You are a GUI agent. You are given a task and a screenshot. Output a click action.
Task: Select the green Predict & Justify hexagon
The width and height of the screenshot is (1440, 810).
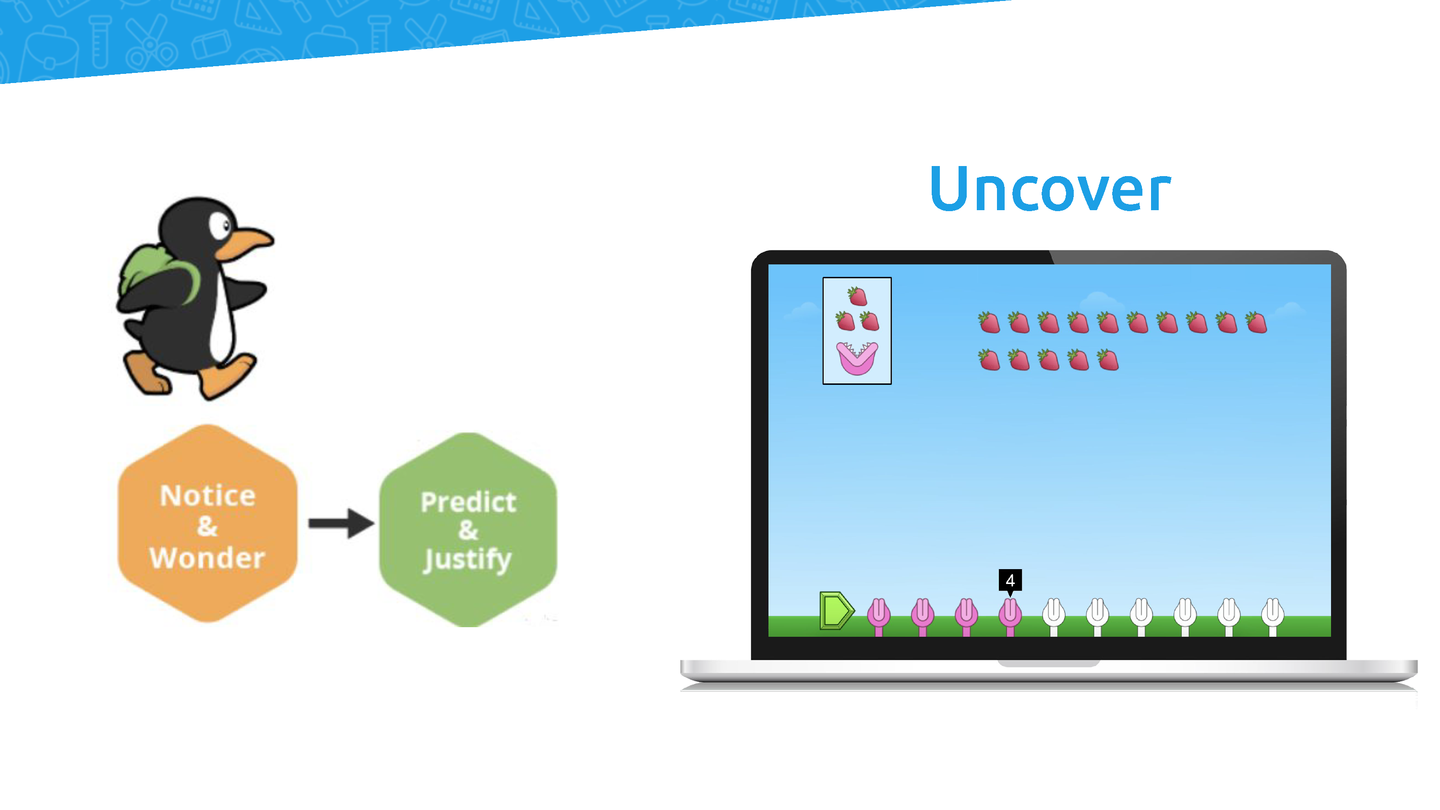(x=468, y=529)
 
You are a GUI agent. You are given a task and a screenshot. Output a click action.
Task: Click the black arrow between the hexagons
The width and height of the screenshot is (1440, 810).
(x=341, y=523)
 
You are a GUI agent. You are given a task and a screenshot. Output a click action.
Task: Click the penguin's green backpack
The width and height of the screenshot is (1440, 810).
(x=156, y=274)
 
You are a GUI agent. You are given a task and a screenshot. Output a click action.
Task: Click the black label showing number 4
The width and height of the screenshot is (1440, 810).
(x=1010, y=580)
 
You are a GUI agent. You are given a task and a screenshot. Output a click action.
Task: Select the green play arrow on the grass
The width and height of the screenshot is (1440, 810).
(x=836, y=610)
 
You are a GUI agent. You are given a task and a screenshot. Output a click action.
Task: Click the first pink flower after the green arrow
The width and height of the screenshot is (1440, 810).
(x=878, y=616)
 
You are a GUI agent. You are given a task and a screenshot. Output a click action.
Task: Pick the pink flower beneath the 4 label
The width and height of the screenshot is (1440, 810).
(x=1010, y=616)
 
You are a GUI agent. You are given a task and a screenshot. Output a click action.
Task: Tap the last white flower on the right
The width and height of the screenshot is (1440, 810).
(x=1272, y=616)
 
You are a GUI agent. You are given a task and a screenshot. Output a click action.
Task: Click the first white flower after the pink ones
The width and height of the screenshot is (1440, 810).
(x=1054, y=616)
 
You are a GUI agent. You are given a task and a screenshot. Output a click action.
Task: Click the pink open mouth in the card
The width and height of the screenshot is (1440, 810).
(x=857, y=358)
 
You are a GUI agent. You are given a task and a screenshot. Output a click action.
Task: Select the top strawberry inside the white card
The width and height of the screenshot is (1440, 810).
(x=857, y=296)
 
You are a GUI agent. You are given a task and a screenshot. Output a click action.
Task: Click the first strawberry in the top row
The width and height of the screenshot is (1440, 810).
(x=989, y=322)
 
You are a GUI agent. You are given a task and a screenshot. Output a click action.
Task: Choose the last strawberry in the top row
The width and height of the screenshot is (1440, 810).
(x=1256, y=322)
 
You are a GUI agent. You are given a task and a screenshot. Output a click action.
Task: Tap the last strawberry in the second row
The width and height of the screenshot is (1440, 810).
(x=1107, y=360)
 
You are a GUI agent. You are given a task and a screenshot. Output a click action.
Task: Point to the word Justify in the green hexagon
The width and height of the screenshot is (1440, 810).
(x=468, y=560)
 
